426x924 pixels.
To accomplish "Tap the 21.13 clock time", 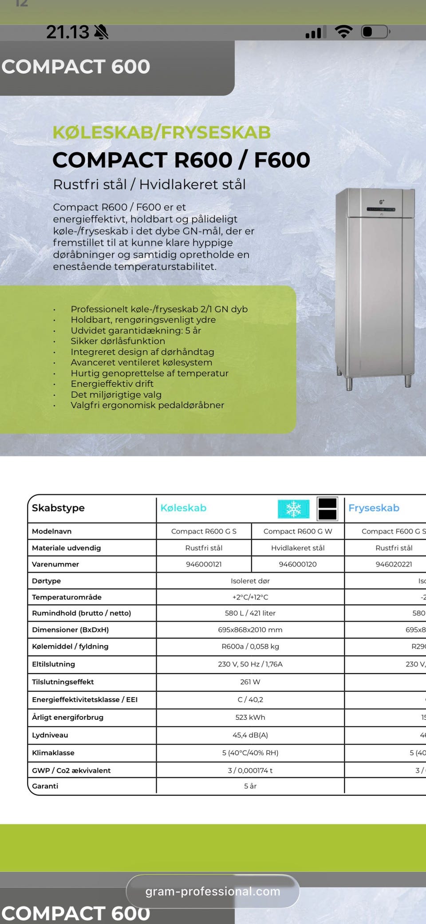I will click(x=68, y=32).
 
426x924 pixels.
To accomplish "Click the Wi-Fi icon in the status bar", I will click(x=343, y=32).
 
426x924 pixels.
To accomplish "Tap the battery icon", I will click(x=375, y=32).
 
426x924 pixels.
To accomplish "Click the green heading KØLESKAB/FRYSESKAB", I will click(x=162, y=132).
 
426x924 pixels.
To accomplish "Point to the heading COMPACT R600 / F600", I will click(x=181, y=160).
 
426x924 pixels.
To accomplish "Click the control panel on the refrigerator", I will click(x=381, y=209).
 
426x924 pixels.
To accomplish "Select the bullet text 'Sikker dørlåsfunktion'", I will click(x=118, y=341).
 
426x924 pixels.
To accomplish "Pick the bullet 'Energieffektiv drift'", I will click(x=112, y=384).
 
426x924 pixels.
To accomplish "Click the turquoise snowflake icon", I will click(x=293, y=509).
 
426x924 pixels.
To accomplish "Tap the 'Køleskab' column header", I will click(x=183, y=508).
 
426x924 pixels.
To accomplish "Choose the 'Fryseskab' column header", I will click(x=374, y=508).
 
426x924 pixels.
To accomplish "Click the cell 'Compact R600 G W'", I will click(x=297, y=531).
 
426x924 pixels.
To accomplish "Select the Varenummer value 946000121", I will click(x=204, y=564).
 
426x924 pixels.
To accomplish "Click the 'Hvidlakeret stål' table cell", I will click(x=298, y=548).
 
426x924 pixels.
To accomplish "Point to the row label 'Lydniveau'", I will click(x=50, y=735).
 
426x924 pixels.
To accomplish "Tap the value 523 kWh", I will click(x=250, y=717).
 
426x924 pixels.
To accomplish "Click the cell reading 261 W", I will click(x=250, y=682).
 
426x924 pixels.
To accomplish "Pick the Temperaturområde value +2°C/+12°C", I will click(x=250, y=597).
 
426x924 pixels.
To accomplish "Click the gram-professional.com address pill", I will click(x=213, y=891).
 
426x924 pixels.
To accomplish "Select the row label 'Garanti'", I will click(x=45, y=786).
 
